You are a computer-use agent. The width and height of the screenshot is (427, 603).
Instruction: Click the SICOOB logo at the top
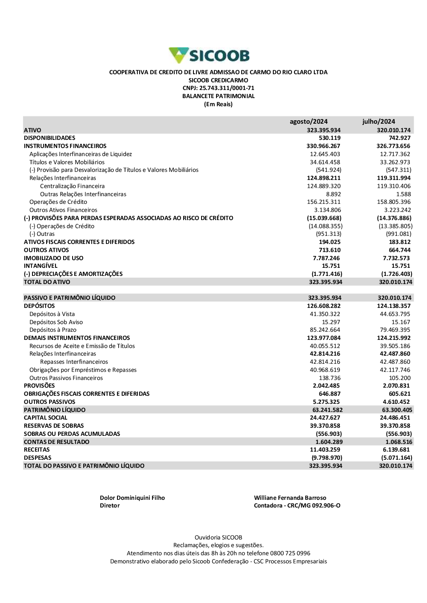pos(209,55)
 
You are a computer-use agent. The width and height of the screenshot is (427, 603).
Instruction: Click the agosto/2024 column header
pos(309,122)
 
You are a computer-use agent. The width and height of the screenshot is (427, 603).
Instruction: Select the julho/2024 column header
pos(379,122)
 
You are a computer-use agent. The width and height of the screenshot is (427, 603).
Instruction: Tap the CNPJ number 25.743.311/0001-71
pos(227,88)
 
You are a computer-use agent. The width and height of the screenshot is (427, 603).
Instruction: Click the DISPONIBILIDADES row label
pos(50,138)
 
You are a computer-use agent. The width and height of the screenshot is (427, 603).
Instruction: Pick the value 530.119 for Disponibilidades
pos(330,138)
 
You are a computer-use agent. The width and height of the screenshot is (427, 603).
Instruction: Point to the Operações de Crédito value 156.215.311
pos(324,202)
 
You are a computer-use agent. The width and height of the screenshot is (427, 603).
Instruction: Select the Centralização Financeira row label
pos(72,186)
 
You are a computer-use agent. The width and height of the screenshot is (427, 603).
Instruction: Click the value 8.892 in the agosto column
pos(333,194)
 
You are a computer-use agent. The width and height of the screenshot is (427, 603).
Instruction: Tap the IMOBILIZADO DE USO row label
pos(54,258)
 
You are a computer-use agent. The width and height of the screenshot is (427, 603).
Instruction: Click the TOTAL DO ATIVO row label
pos(47,282)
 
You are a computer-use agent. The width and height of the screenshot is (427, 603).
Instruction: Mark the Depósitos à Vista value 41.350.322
pos(325,314)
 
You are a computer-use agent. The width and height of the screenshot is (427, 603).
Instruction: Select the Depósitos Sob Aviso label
pos(56,322)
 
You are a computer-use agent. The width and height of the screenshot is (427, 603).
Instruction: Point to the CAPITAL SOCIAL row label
pos(46,418)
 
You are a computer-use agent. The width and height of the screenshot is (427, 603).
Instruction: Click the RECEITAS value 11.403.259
pos(325,450)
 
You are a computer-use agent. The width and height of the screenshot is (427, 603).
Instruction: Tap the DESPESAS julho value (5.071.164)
pos(397,458)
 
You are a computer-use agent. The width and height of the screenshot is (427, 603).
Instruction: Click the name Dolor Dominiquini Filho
pos(132,498)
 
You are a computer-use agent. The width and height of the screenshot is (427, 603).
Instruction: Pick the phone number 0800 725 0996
pos(290,554)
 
